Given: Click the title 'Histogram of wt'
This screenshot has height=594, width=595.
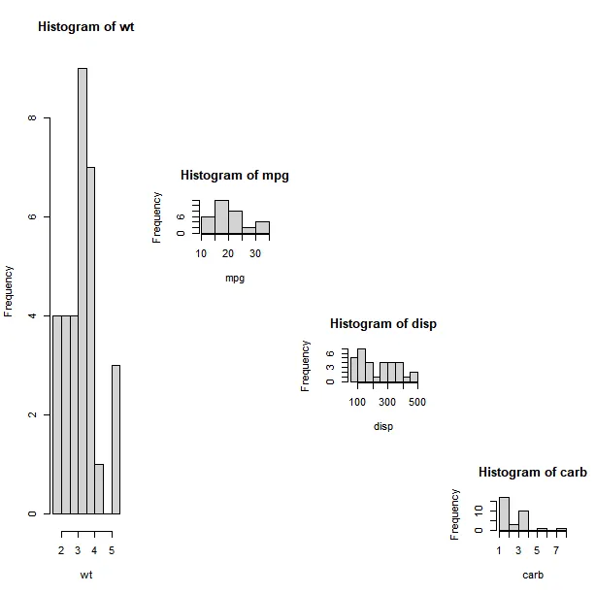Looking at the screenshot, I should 85,27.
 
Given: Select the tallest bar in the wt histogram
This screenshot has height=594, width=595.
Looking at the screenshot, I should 83,291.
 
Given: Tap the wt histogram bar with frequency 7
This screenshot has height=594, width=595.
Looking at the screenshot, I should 91,340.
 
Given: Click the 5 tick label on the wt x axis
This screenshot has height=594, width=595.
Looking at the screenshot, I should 112,551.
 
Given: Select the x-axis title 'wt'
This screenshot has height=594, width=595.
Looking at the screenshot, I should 86,576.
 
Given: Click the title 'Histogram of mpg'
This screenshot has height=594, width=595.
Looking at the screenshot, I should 235,176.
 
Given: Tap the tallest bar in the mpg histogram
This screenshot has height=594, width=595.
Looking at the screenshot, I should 221,217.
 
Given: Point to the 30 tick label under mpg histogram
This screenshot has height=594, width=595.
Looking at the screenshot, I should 255,254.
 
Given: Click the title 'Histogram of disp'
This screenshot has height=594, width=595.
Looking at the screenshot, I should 383,323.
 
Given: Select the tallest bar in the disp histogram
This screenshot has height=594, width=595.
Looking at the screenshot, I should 361,365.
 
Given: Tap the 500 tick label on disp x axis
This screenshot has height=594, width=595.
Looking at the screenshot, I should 417,402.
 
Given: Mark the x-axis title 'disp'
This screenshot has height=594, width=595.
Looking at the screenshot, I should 383,426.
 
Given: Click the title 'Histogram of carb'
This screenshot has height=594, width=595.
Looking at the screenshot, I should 533,472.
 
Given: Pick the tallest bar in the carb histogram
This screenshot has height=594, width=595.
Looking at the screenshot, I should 504,513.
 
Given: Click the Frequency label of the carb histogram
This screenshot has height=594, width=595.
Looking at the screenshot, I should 454,514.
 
